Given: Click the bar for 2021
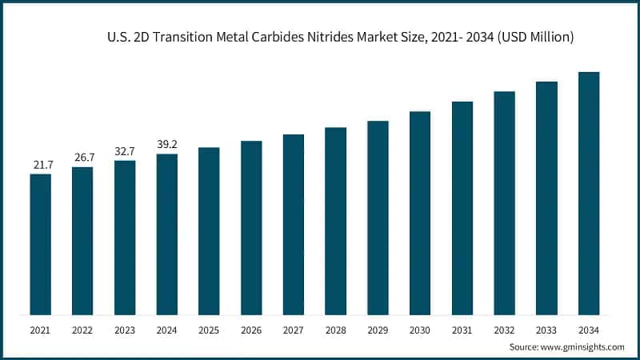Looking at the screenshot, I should pyautogui.click(x=40, y=244).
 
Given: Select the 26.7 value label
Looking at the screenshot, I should pyautogui.click(x=82, y=158).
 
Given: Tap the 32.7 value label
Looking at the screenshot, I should pyautogui.click(x=125, y=151).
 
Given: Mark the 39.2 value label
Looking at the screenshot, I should pyautogui.click(x=166, y=145).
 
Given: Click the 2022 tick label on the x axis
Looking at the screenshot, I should pyautogui.click(x=82, y=329).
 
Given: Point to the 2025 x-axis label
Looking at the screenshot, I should pyautogui.click(x=209, y=329).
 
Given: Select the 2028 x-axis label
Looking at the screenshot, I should pyautogui.click(x=335, y=329).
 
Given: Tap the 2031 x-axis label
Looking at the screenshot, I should pyautogui.click(x=462, y=329).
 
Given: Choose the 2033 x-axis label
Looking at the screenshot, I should pyautogui.click(x=546, y=329).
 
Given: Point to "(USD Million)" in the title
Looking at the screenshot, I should pyautogui.click(x=536, y=37).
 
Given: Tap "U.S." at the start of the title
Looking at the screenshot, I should pyautogui.click(x=117, y=37).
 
